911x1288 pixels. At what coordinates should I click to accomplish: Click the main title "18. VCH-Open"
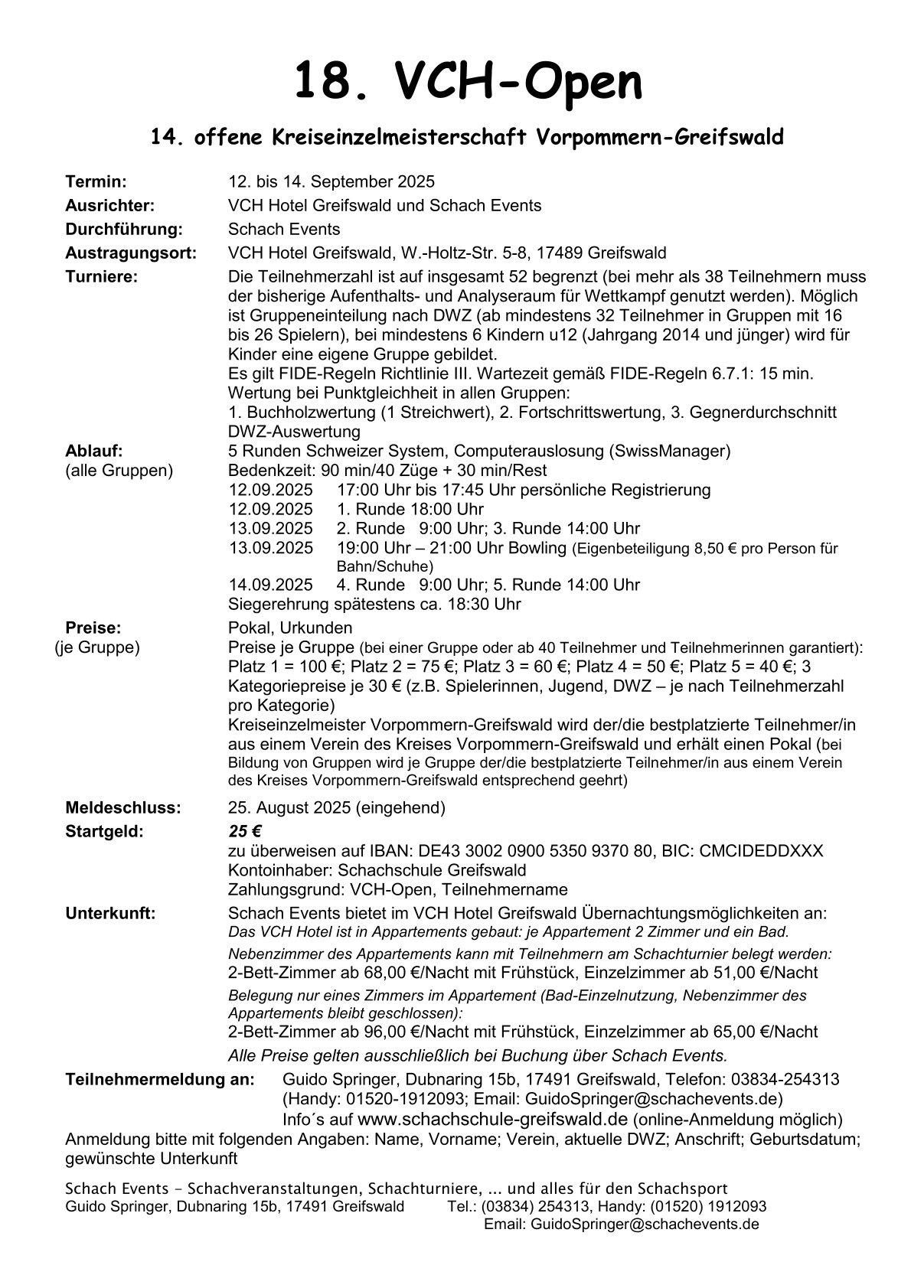468,83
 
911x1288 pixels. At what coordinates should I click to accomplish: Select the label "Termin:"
96,181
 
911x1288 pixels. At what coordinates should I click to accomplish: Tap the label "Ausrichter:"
109,205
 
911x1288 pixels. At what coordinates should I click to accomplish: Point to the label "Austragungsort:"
130,253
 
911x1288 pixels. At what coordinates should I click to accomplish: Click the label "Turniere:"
101,276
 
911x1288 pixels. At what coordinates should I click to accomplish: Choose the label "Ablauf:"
94,451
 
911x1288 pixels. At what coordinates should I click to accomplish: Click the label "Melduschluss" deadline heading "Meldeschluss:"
123,807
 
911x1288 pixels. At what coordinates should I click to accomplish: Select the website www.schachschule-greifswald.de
492,1119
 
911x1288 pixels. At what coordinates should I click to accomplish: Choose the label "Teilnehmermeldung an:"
159,1079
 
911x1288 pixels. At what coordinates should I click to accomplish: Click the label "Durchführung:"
123,229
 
